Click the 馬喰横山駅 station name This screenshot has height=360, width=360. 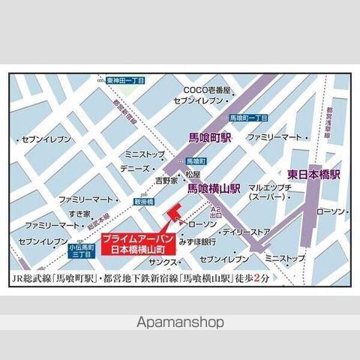213,190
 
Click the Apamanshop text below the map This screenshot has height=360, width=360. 180,325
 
